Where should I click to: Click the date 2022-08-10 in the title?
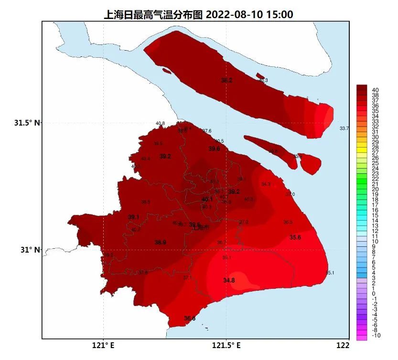click(236, 15)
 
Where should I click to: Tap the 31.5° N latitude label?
click(27, 123)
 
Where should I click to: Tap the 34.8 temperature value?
click(229, 280)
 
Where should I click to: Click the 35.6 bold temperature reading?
click(295, 237)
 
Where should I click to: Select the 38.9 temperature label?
click(160, 243)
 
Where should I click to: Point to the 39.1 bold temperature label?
click(133, 217)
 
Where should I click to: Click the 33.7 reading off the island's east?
click(344, 128)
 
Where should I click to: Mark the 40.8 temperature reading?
click(160, 123)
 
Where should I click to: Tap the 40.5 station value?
click(219, 141)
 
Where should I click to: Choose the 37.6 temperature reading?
click(207, 131)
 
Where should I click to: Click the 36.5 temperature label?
click(288, 222)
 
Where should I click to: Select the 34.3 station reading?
click(266, 184)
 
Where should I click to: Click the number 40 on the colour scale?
click(375, 90)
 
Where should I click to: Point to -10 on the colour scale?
click(376, 335)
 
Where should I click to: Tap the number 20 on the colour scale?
click(375, 189)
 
